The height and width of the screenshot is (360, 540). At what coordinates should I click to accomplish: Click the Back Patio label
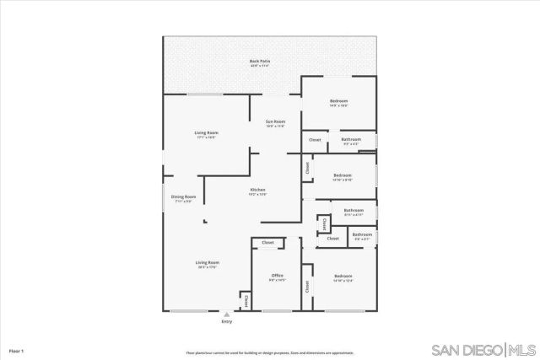259,62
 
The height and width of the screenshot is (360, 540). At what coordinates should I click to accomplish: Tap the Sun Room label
275,123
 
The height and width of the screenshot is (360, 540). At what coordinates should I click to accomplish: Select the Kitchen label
258,191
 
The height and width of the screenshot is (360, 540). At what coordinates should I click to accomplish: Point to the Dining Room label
184,198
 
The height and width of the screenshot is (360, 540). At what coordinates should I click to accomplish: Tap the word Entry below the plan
226,322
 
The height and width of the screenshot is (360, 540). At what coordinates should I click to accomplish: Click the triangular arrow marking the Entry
226,314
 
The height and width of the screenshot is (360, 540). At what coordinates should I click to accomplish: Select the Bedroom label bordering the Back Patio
338,102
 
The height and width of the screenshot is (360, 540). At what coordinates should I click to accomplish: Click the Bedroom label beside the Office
343,277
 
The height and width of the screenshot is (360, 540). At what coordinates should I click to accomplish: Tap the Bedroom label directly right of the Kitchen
342,175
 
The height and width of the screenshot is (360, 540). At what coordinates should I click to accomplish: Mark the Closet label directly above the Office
267,243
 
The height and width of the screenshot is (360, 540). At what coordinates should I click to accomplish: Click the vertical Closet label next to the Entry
246,299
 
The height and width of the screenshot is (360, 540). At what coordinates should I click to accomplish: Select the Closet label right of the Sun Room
315,140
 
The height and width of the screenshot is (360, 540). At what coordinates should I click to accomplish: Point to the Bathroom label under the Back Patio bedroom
351,140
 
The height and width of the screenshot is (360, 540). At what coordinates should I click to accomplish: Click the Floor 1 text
17,350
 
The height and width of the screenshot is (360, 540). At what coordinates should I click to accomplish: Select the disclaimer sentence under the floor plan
270,352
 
